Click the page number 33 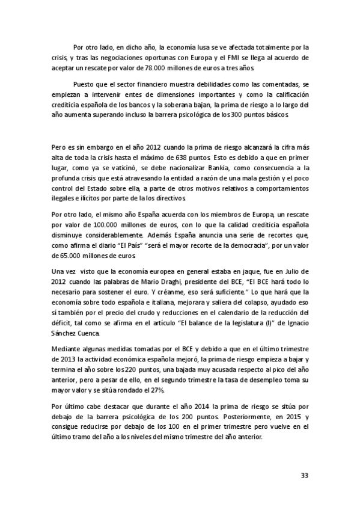pos(304,476)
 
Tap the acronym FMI pos(222,58)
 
